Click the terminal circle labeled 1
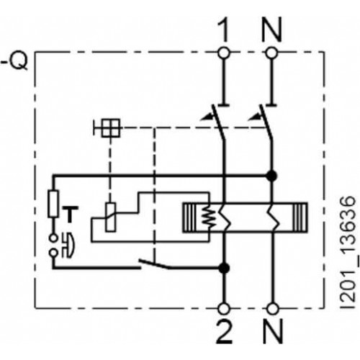click(x=224, y=53)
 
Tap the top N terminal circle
click(x=272, y=53)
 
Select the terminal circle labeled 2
click(x=225, y=309)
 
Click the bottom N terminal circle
click(x=273, y=309)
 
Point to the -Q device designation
click(x=15, y=60)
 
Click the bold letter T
click(x=70, y=215)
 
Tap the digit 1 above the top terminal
click(x=224, y=29)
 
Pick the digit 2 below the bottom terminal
click(x=225, y=331)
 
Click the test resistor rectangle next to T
click(x=53, y=204)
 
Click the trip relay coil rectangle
click(x=110, y=217)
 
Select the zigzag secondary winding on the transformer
click(x=206, y=218)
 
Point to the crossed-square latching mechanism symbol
click(x=111, y=128)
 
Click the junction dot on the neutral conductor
click(x=272, y=176)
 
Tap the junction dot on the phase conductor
click(x=225, y=268)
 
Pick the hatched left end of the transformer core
click(x=190, y=217)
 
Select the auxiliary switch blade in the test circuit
click(x=154, y=264)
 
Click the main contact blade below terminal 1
click(x=218, y=122)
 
